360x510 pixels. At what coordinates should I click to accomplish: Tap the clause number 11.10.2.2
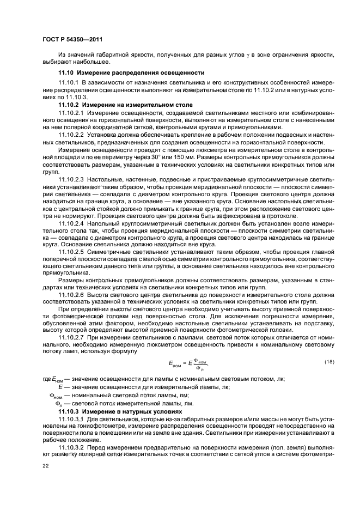pos(71,135)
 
